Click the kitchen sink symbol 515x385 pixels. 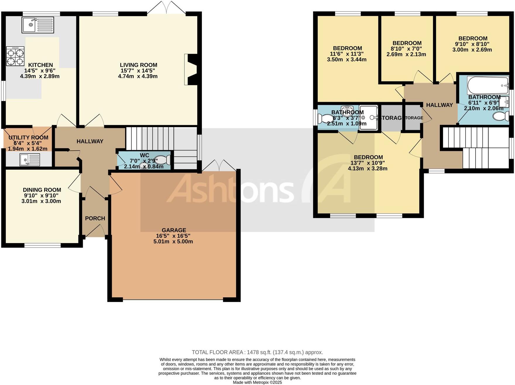(x=37, y=25)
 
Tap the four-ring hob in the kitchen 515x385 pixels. (x=15, y=57)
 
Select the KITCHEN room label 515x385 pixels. (x=40, y=65)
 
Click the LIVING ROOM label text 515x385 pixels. (x=138, y=65)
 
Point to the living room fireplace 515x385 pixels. (x=190, y=70)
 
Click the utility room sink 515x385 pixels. (x=30, y=160)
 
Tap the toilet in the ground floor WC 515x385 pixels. (x=163, y=160)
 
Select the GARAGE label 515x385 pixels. (x=174, y=230)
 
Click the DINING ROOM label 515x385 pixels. (x=42, y=190)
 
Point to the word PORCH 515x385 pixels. (x=95, y=218)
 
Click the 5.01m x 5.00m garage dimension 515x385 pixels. (x=173, y=242)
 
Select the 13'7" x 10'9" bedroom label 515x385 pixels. (x=368, y=163)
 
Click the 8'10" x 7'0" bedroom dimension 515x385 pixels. (x=406, y=49)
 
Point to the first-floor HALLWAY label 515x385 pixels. (x=439, y=105)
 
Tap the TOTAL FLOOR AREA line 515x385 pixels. (x=257, y=352)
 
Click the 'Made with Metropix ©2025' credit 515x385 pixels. (x=257, y=382)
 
